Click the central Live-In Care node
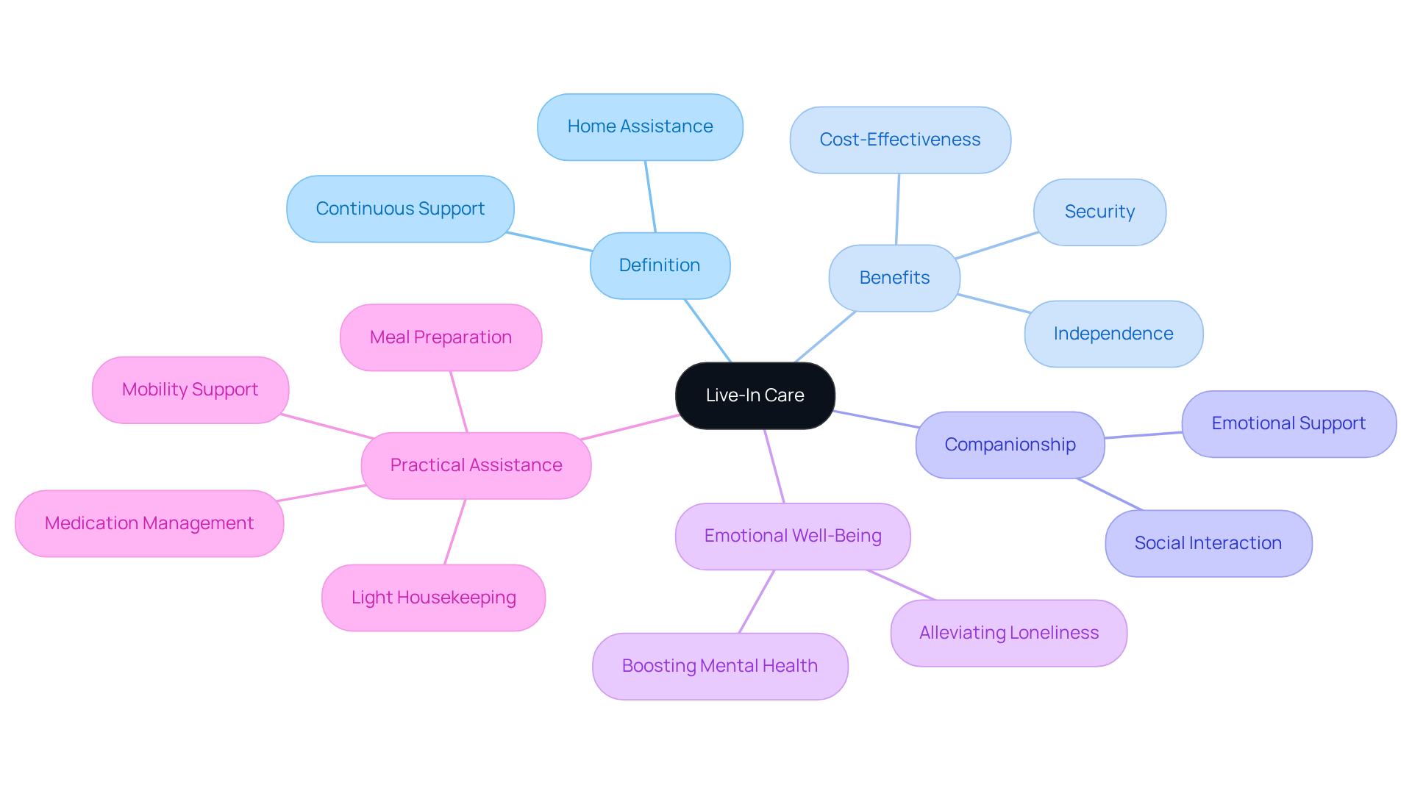(x=755, y=395)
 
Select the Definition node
(x=660, y=265)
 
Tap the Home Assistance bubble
(x=640, y=126)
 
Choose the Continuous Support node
(x=400, y=209)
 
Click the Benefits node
(x=894, y=278)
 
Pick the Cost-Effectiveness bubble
(x=899, y=140)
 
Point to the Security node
(x=1099, y=212)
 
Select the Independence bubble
(x=1113, y=334)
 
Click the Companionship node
(x=1010, y=445)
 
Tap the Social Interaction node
(x=1208, y=543)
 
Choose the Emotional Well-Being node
(x=792, y=536)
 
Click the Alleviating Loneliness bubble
(x=1008, y=633)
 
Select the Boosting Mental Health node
(x=719, y=666)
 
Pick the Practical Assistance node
(x=476, y=465)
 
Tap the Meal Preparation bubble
(x=441, y=337)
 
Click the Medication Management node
(x=149, y=523)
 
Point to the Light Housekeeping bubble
(x=433, y=598)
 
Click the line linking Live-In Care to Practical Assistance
(x=630, y=427)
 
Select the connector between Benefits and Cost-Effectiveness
(x=897, y=209)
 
